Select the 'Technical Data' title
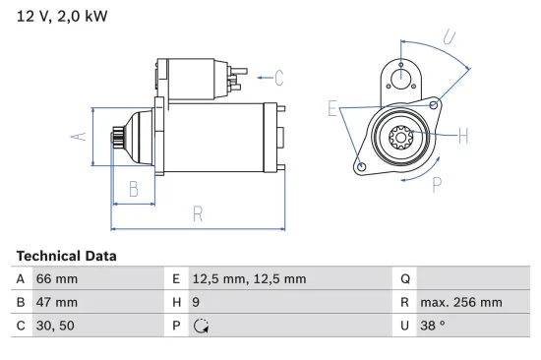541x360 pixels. (66, 256)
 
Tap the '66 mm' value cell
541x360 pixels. (57, 279)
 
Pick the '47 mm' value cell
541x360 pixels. (57, 303)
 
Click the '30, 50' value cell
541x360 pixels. (55, 327)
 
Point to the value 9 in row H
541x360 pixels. (197, 303)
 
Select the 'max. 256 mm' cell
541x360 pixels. (460, 303)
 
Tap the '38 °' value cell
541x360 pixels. (435, 327)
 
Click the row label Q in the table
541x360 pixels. (404, 279)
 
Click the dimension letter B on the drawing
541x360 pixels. (134, 190)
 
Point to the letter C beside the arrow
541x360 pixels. (278, 77)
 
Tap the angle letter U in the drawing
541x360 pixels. (448, 38)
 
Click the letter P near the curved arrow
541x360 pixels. (436, 182)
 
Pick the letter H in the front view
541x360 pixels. (463, 136)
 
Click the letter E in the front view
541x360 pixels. (332, 108)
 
